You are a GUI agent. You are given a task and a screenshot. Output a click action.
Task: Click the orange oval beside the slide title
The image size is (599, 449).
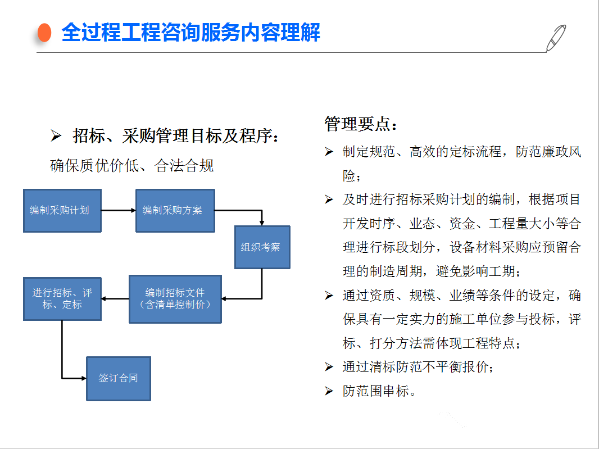click(x=45, y=33)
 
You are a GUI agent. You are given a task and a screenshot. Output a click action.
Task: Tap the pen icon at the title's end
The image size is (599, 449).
click(x=556, y=38)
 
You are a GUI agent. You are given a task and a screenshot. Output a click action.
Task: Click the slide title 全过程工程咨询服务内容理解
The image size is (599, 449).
click(x=190, y=32)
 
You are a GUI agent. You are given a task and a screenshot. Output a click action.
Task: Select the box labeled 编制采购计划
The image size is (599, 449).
click(x=62, y=211)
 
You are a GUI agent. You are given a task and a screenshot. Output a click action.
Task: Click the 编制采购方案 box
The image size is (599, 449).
click(x=175, y=211)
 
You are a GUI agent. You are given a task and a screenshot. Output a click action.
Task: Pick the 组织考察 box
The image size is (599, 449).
click(x=262, y=247)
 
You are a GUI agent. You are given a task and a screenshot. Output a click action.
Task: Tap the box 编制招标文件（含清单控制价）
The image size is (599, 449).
click(x=175, y=299)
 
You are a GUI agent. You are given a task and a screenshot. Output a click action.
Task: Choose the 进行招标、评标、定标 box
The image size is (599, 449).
click(x=62, y=299)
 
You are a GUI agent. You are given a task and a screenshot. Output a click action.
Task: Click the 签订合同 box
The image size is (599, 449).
click(x=119, y=379)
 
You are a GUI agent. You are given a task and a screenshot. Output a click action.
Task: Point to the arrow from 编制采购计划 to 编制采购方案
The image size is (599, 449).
click(x=119, y=210)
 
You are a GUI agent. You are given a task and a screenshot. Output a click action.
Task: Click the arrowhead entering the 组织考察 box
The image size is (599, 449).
click(x=262, y=223)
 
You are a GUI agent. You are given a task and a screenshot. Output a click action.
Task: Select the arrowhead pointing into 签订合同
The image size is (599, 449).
click(x=84, y=378)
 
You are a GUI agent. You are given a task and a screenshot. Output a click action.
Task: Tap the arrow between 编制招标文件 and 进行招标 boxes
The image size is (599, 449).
click(x=115, y=298)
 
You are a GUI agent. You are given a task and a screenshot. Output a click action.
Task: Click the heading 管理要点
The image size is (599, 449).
click(x=361, y=124)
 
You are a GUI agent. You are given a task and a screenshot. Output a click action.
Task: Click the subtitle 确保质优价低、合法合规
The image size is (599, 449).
click(x=132, y=166)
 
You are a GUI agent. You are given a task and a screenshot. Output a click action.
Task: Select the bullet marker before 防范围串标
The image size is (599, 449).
click(x=329, y=391)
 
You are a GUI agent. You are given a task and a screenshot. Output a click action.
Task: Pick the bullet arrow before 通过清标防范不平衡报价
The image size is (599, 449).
click(x=329, y=367)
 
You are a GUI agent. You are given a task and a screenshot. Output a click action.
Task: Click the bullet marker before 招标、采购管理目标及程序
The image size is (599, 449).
click(x=56, y=135)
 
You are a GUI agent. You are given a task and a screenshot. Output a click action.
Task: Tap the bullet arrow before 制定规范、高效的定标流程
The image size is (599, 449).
click(x=329, y=152)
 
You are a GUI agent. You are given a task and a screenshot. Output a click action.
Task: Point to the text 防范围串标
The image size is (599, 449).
click(x=376, y=391)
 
